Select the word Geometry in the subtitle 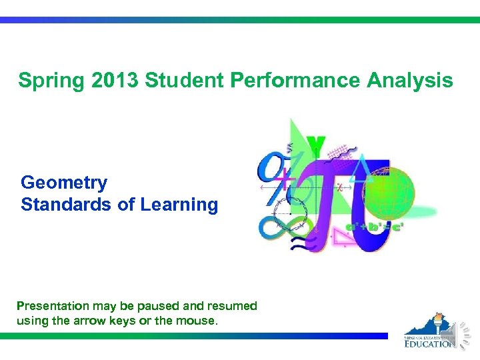tap(64, 183)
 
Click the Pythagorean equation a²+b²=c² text tap(375, 227)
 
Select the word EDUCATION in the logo tap(431, 343)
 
